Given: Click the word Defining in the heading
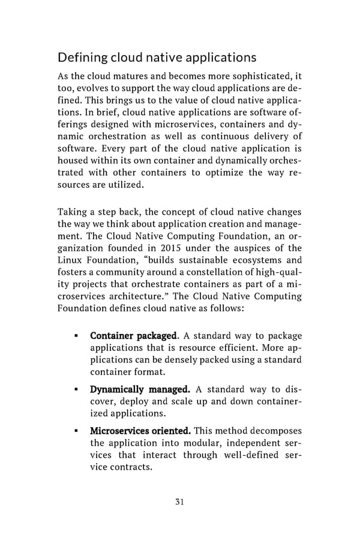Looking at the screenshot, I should tap(82, 58).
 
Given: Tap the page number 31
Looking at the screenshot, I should tap(179, 501).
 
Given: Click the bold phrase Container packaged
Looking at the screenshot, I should tap(130, 336).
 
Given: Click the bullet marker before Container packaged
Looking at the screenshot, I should tap(76, 336).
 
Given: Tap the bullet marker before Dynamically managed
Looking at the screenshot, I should tap(76, 390).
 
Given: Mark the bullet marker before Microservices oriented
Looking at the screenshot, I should tap(76, 431).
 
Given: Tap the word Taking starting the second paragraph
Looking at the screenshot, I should tap(73, 212).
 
